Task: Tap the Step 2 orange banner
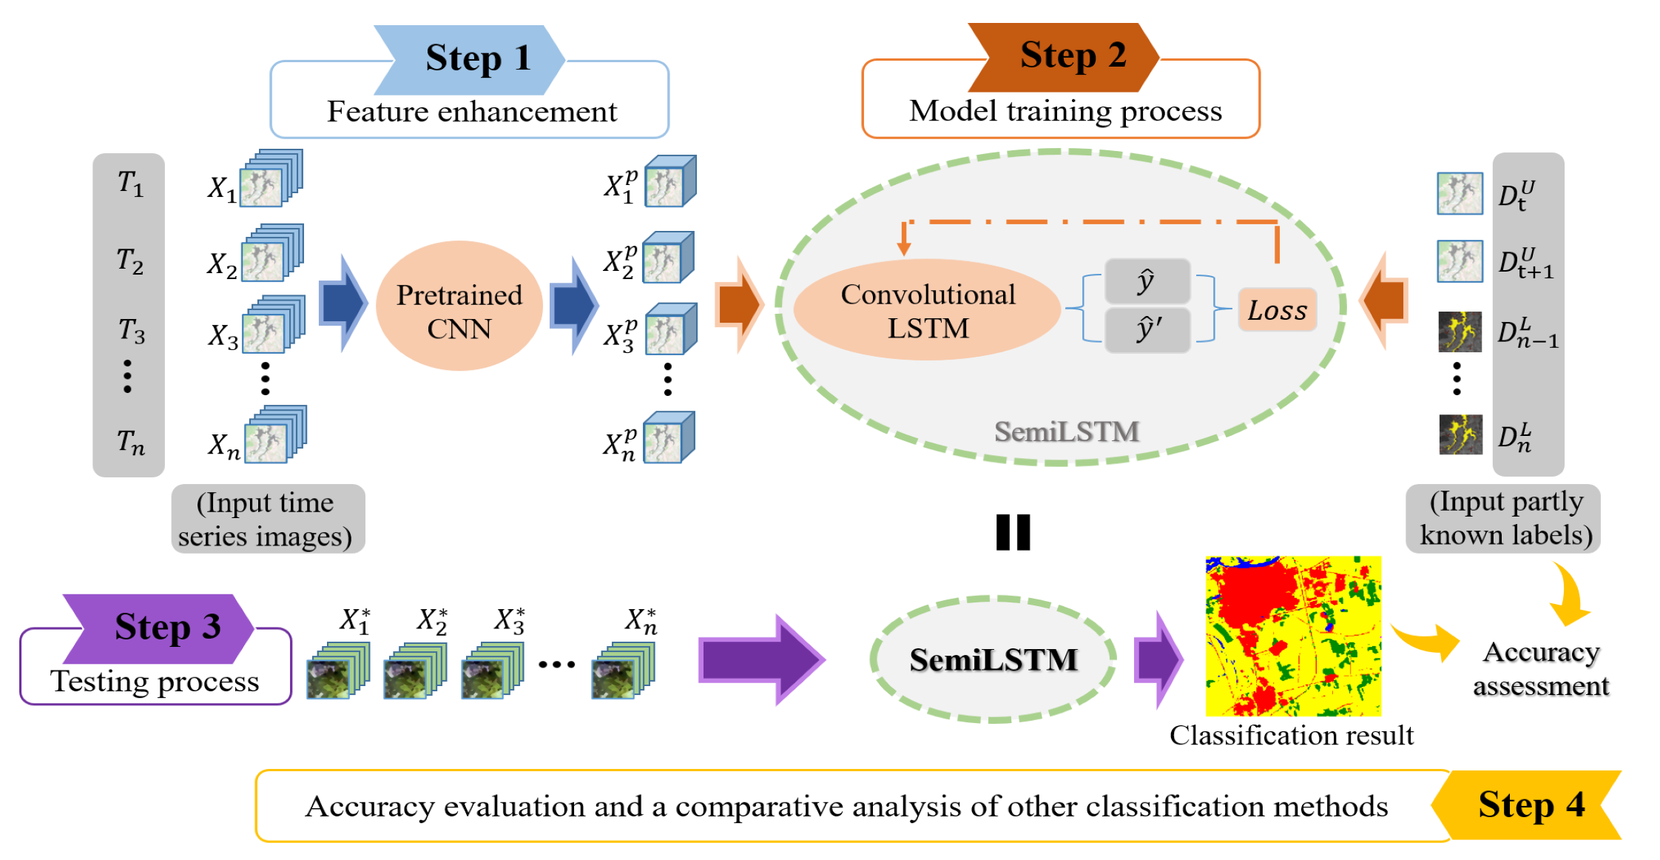point(1065,56)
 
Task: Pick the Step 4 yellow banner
point(1528,805)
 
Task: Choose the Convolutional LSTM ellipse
point(927,310)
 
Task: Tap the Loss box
point(1277,310)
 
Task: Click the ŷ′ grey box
point(1147,330)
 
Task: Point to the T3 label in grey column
point(131,330)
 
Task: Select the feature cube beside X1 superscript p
point(670,181)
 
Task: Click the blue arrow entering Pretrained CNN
point(343,303)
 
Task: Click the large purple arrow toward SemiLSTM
point(762,659)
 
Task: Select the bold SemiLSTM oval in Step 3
point(993,659)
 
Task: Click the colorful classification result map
point(1292,636)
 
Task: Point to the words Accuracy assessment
point(1541,669)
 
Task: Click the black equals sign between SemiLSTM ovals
point(1013,532)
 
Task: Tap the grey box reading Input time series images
point(267,519)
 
